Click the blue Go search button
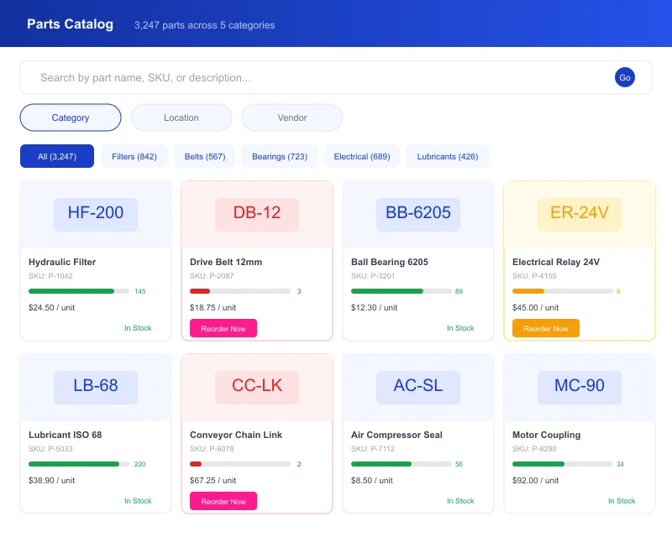625,77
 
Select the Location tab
181,117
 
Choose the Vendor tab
292,117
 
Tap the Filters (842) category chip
134,156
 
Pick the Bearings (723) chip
280,156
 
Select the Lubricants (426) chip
448,156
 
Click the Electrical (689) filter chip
362,156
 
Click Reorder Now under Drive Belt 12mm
223,328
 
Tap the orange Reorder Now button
546,328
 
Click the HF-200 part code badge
96,213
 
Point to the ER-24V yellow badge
580,213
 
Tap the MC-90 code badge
580,386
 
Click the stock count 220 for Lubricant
140,464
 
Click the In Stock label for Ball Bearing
460,328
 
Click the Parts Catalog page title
70,24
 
